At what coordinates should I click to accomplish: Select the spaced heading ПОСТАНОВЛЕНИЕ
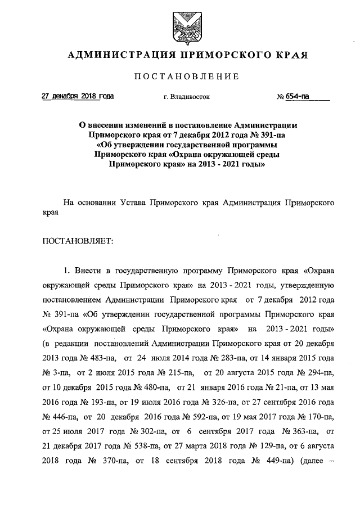(x=186, y=76)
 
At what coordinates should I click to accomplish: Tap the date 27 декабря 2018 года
(x=78, y=96)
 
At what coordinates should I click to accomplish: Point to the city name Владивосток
(x=190, y=97)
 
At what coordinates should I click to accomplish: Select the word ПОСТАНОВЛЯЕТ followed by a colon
(x=78, y=241)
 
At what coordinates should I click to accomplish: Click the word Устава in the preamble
(x=128, y=200)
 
